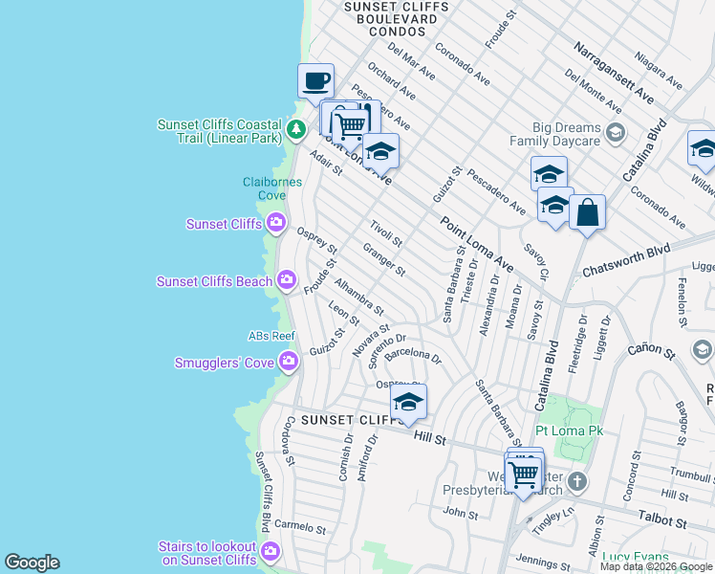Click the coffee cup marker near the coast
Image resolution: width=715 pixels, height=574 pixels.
315,81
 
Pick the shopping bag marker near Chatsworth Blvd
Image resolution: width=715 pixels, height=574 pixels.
587,212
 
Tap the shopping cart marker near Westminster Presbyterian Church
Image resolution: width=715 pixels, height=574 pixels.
523,474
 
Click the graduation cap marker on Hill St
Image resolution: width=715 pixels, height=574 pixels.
408,403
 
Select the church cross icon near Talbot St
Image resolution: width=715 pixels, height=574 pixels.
576,481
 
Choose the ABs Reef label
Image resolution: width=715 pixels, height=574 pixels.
271,336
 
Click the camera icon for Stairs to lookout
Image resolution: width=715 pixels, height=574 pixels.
271,551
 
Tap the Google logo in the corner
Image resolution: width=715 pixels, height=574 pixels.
32,563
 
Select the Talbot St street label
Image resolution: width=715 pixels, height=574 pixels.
668,523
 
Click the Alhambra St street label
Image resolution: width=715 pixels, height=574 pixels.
358,297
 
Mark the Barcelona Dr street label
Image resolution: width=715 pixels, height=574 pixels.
413,358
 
